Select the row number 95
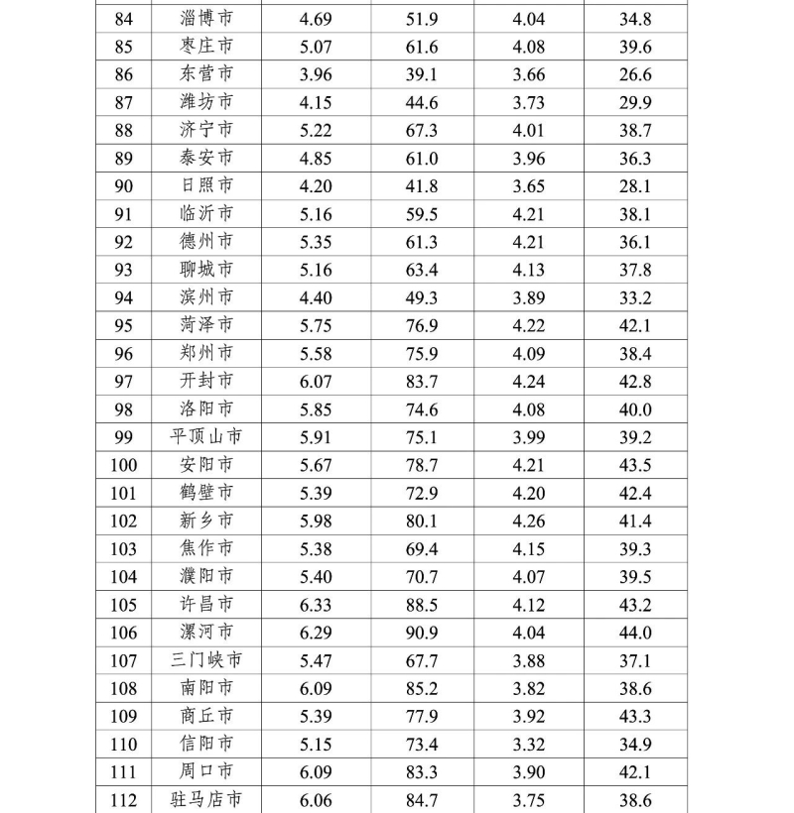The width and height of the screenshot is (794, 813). pos(123,325)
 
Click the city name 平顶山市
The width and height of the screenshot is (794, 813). pos(206,437)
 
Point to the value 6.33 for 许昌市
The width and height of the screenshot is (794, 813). pos(316,605)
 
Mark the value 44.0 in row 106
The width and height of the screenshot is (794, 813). pos(634,633)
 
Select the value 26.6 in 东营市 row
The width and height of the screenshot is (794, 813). pos(634,74)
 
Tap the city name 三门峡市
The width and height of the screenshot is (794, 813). pos(206,660)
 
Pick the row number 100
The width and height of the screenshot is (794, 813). pos(123,465)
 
